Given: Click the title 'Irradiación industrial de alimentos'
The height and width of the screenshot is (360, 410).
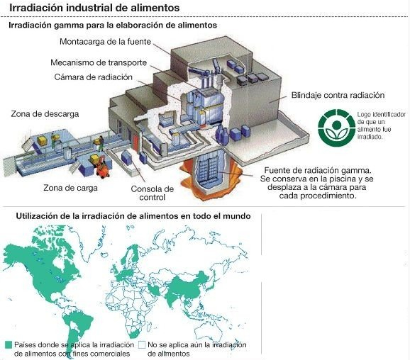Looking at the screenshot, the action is [x=94, y=8].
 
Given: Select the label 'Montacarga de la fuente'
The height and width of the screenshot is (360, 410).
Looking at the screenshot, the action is [x=106, y=42].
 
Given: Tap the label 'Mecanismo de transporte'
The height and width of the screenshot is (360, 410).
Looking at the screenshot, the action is [x=99, y=62].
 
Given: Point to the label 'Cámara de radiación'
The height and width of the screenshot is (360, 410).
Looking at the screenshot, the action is [x=94, y=77].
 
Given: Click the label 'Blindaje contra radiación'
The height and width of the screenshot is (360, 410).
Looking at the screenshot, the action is [x=338, y=95].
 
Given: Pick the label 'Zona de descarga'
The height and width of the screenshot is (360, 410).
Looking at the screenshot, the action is [x=45, y=114].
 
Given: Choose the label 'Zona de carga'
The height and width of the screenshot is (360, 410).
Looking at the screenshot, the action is [x=70, y=188].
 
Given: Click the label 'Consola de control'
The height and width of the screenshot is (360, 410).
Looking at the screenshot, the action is [x=153, y=193].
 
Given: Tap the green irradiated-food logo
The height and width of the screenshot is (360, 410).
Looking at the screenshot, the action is [x=336, y=128].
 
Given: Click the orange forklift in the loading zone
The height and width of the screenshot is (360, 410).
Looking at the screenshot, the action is [x=102, y=169].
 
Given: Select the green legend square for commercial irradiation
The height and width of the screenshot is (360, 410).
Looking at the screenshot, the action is [x=9, y=345].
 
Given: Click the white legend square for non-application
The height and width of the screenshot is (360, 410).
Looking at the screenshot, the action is [x=142, y=345].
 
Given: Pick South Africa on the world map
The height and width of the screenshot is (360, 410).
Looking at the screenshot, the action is [x=135, y=334].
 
